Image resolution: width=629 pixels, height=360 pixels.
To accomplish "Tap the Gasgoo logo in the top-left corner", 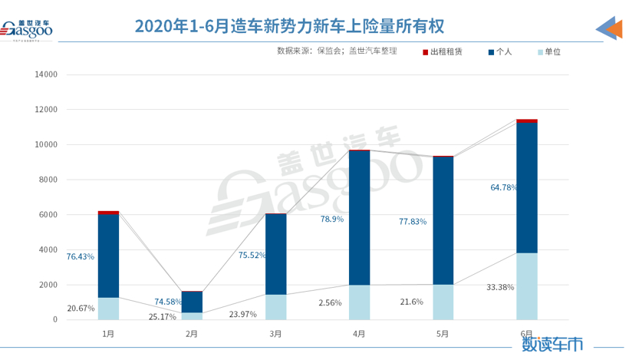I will click(x=27, y=30).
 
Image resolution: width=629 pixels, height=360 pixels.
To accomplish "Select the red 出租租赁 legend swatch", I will click(x=425, y=52).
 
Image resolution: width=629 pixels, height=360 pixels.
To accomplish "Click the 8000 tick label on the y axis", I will click(x=48, y=180).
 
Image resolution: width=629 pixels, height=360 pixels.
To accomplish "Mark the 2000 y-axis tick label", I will click(x=48, y=285).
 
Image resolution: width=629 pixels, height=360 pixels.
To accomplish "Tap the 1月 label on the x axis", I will click(x=108, y=334).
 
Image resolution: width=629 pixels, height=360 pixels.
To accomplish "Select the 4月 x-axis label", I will click(x=359, y=334).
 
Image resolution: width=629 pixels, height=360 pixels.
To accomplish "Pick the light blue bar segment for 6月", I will click(x=526, y=286).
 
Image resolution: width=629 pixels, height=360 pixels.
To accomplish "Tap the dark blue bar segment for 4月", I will click(x=359, y=217).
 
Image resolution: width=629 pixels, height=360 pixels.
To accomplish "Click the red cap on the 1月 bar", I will click(x=108, y=213).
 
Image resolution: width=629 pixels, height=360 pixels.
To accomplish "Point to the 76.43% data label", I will click(x=81, y=256).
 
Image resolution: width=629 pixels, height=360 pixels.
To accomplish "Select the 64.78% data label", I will click(x=504, y=187).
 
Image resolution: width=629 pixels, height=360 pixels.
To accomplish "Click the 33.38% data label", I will click(x=500, y=287).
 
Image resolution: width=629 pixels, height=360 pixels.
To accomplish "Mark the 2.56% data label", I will click(x=331, y=303).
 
